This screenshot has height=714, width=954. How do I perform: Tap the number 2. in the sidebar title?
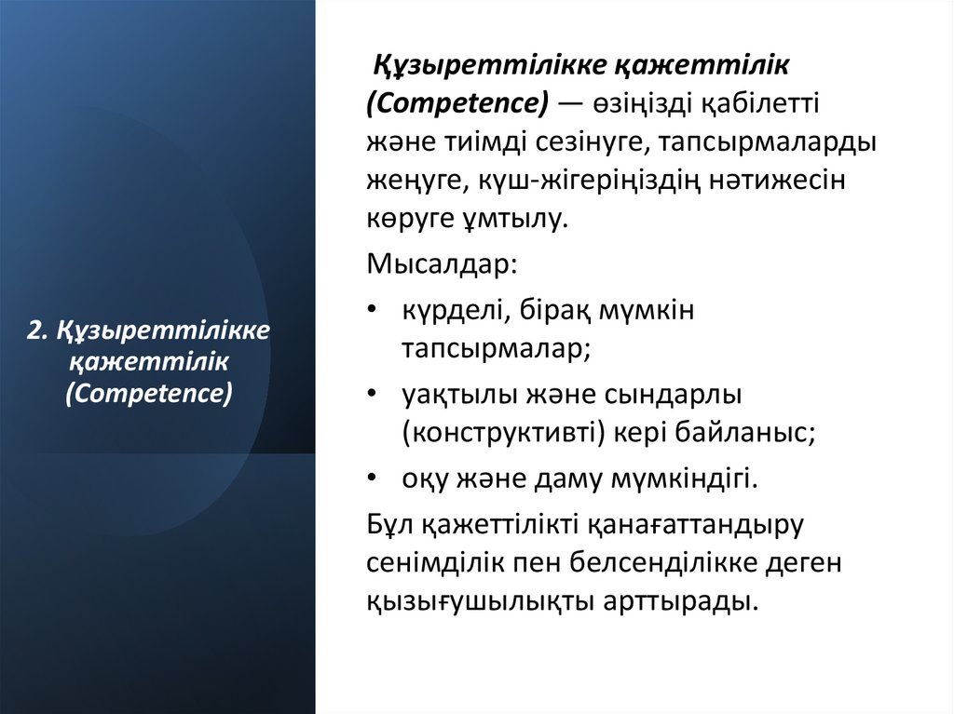tap(37, 330)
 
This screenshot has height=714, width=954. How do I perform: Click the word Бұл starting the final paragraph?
tap(389, 525)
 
